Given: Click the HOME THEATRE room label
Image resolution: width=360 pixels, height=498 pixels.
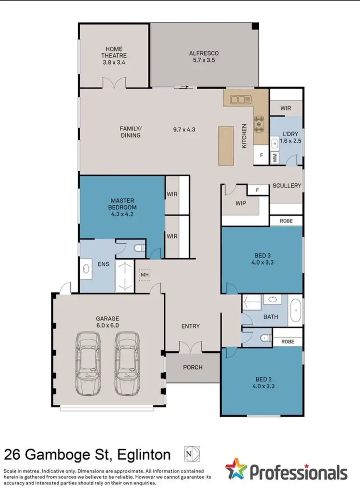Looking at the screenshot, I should (x=114, y=55).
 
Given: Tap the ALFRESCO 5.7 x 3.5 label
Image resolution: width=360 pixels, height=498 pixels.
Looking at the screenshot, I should (x=204, y=57).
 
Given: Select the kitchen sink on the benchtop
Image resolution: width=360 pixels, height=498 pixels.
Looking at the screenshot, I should (x=240, y=100).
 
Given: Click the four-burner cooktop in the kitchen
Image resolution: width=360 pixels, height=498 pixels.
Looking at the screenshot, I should (x=260, y=123).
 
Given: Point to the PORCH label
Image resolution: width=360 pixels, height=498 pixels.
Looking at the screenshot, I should (x=193, y=368).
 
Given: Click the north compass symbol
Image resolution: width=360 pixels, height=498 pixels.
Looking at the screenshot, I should (x=192, y=454).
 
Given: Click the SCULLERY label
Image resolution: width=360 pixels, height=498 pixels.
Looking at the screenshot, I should (x=287, y=186).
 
